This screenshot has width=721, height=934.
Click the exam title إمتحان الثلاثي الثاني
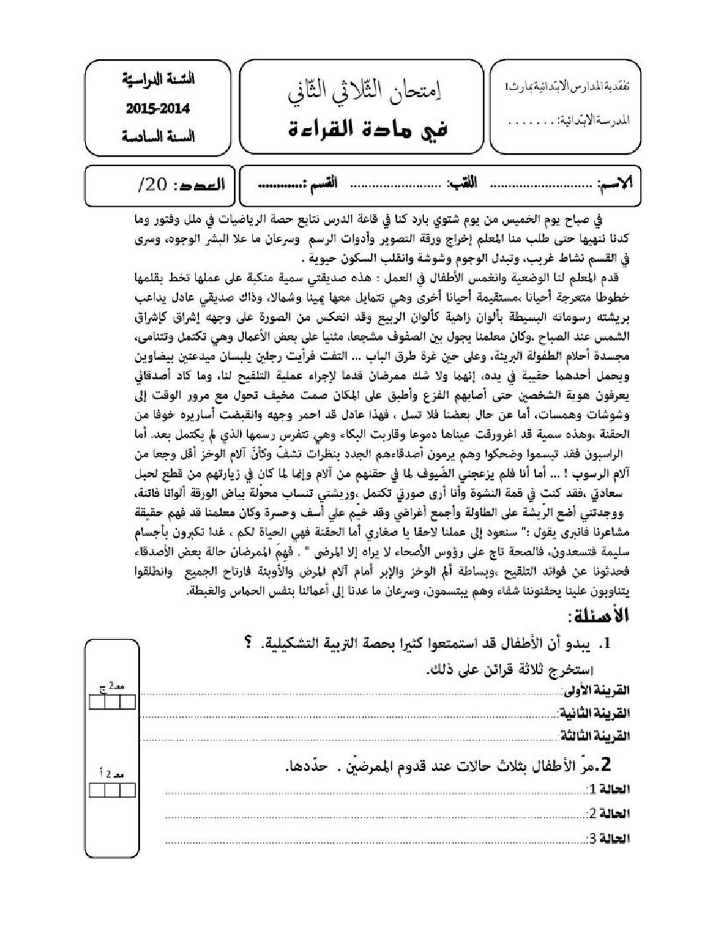pos(365,93)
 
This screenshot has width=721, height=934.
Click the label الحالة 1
pos(608,789)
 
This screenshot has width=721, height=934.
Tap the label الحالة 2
pos(608,814)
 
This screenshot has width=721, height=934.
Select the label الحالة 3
pos(608,838)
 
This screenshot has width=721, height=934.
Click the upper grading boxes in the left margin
pos(113,702)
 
